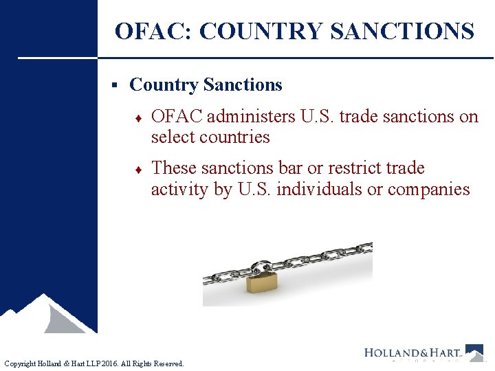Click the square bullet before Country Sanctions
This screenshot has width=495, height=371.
click(x=115, y=85)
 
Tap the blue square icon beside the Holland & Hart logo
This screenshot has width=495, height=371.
click(x=474, y=352)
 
